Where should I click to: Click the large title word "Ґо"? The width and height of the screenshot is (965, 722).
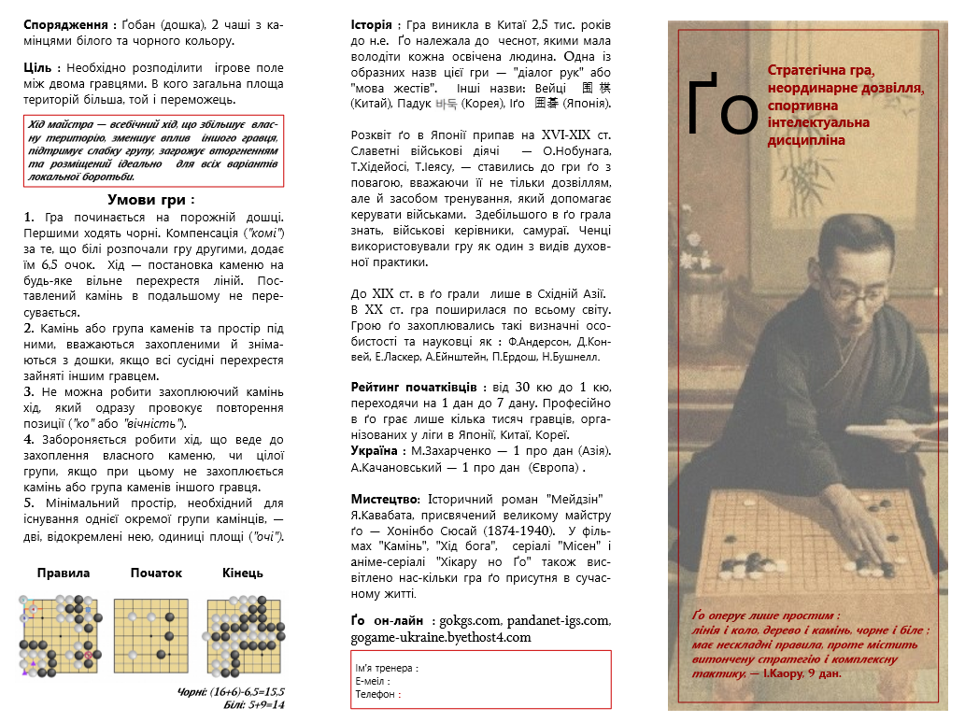[721, 105]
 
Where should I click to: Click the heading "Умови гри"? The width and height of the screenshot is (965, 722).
[150, 199]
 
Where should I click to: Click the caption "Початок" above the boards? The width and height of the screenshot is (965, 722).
[156, 573]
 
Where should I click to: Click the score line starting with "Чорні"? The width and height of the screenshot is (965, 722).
[231, 692]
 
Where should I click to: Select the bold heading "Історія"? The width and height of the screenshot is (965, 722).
[372, 24]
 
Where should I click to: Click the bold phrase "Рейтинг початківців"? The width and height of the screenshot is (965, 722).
[414, 387]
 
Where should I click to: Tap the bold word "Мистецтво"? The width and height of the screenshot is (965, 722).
[384, 497]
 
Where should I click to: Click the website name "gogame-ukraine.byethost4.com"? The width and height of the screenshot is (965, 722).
[441, 637]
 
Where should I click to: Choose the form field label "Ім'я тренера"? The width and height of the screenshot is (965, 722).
[385, 668]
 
